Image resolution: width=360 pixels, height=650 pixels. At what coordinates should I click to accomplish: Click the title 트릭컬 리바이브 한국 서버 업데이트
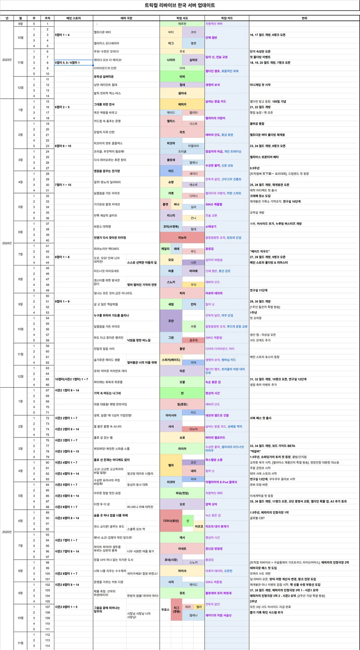pyautogui.click(x=180, y=6)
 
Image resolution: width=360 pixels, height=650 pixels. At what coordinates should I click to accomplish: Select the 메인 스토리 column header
pyautogui.click(x=74, y=18)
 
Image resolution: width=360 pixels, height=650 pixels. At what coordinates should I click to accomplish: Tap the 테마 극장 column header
pyautogui.click(x=126, y=18)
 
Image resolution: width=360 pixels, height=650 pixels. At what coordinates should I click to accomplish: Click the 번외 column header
pyautogui.click(x=304, y=18)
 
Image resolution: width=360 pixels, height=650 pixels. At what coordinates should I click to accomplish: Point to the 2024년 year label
pyautogui.click(x=7, y=243)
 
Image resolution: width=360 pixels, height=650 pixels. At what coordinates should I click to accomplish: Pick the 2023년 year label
pyautogui.click(x=7, y=60)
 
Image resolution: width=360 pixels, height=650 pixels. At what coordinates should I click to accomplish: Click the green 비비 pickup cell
pyautogui.click(x=182, y=76)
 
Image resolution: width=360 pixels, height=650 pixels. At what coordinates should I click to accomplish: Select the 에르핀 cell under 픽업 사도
pyautogui.click(x=182, y=24)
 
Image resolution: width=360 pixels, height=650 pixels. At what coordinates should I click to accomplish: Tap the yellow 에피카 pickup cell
pyautogui.click(x=182, y=104)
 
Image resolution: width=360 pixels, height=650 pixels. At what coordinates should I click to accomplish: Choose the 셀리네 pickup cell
pyautogui.click(x=182, y=93)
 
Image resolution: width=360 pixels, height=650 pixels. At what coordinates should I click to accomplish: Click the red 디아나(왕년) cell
pyautogui.click(x=171, y=520)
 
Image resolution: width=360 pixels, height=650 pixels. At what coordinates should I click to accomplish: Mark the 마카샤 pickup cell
pyautogui.click(x=182, y=570)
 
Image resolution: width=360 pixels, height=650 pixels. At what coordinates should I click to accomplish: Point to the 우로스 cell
pyautogui.click(x=165, y=610)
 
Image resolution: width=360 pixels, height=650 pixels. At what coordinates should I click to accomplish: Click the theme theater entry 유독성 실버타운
pyautogui.click(x=104, y=76)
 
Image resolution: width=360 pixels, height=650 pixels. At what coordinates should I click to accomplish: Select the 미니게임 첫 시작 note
pyautogui.click(x=260, y=85)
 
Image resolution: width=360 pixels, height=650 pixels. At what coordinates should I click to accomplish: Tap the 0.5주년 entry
pyautogui.click(x=254, y=168)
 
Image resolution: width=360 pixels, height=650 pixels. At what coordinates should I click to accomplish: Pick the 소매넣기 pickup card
pyautogui.click(x=211, y=227)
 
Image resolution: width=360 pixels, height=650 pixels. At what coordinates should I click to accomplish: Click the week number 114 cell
pyautogui.click(x=47, y=646)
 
